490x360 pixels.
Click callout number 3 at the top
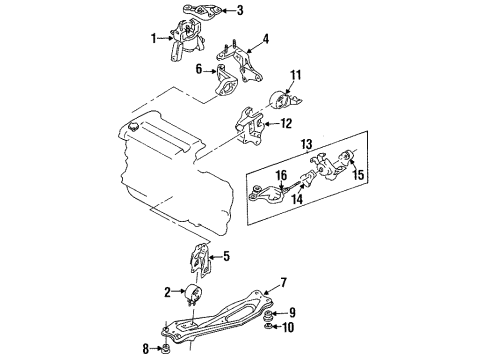240,10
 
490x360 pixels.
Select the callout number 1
153,38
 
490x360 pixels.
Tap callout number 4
265,39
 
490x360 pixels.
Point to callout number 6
199,69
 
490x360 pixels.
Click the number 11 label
296,75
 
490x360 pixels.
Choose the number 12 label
286,124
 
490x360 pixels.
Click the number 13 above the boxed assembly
306,145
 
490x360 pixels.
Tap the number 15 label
358,175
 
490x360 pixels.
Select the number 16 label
281,175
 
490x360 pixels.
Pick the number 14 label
297,199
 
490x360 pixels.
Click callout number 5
226,256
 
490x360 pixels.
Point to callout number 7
284,283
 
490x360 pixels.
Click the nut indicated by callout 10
267,326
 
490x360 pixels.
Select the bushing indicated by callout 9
268,314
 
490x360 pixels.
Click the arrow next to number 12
271,124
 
